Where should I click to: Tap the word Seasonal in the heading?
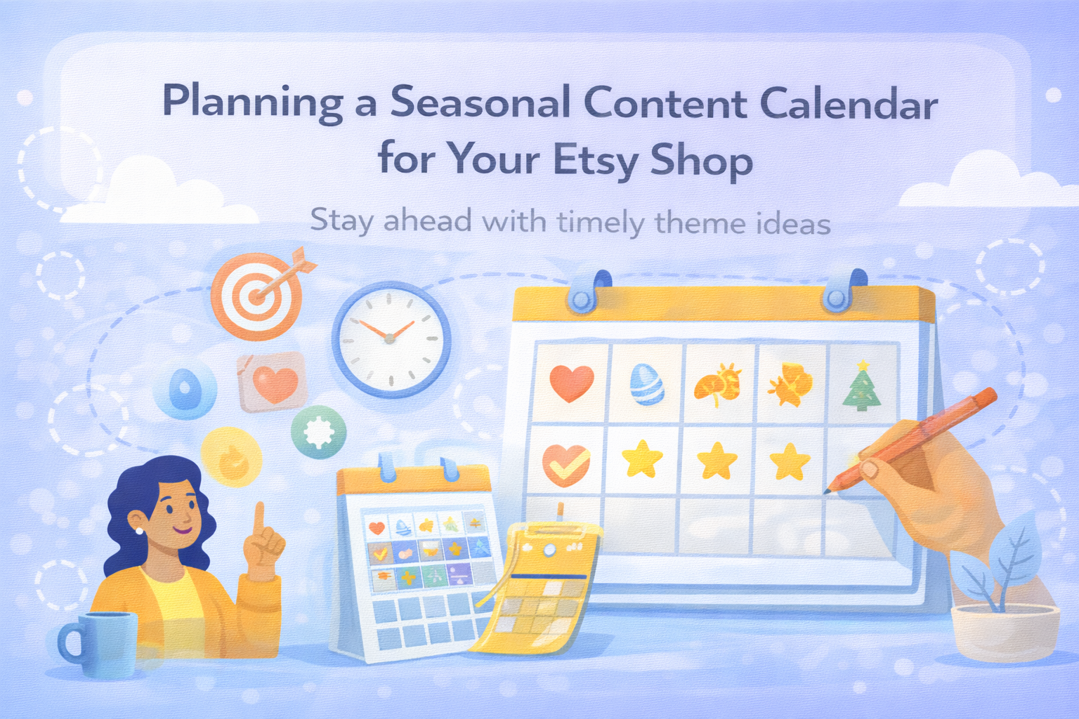click(x=480, y=103)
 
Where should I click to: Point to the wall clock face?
click(x=391, y=340)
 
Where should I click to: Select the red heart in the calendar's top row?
click(x=571, y=383)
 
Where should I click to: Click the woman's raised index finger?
click(x=259, y=519)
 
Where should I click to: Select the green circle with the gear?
click(x=318, y=433)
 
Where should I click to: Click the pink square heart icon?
click(x=272, y=383)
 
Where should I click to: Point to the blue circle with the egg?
click(x=185, y=391)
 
